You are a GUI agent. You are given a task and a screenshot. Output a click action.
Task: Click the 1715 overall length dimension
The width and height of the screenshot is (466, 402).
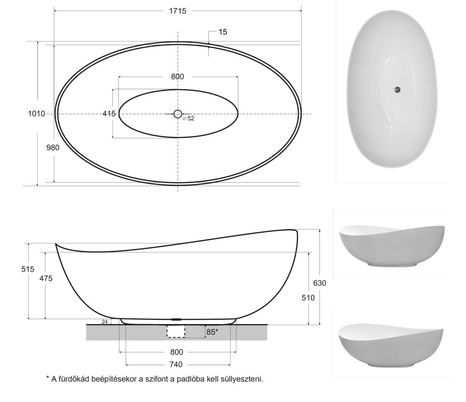pos(178,11)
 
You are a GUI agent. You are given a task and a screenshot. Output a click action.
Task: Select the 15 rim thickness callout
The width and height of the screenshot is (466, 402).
pos(223,32)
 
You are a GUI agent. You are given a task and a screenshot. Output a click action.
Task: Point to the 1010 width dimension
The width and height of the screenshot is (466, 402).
pos(36,113)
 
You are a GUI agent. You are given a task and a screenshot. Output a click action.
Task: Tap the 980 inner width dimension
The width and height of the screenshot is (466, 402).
pos(53,148)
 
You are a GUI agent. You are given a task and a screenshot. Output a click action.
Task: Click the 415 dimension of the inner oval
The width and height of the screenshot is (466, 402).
pos(109,113)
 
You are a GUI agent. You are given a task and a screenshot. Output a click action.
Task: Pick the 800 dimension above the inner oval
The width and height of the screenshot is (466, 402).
pos(177,77)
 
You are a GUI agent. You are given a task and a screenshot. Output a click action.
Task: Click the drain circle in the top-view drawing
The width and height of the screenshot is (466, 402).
pos(178,113)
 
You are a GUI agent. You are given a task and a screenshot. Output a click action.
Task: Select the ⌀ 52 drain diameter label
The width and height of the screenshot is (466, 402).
pos(188,118)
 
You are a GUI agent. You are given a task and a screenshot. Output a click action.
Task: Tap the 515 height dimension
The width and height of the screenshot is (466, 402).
pos(28,269)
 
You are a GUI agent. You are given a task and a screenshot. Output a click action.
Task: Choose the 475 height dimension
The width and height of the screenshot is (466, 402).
pos(46,278)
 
